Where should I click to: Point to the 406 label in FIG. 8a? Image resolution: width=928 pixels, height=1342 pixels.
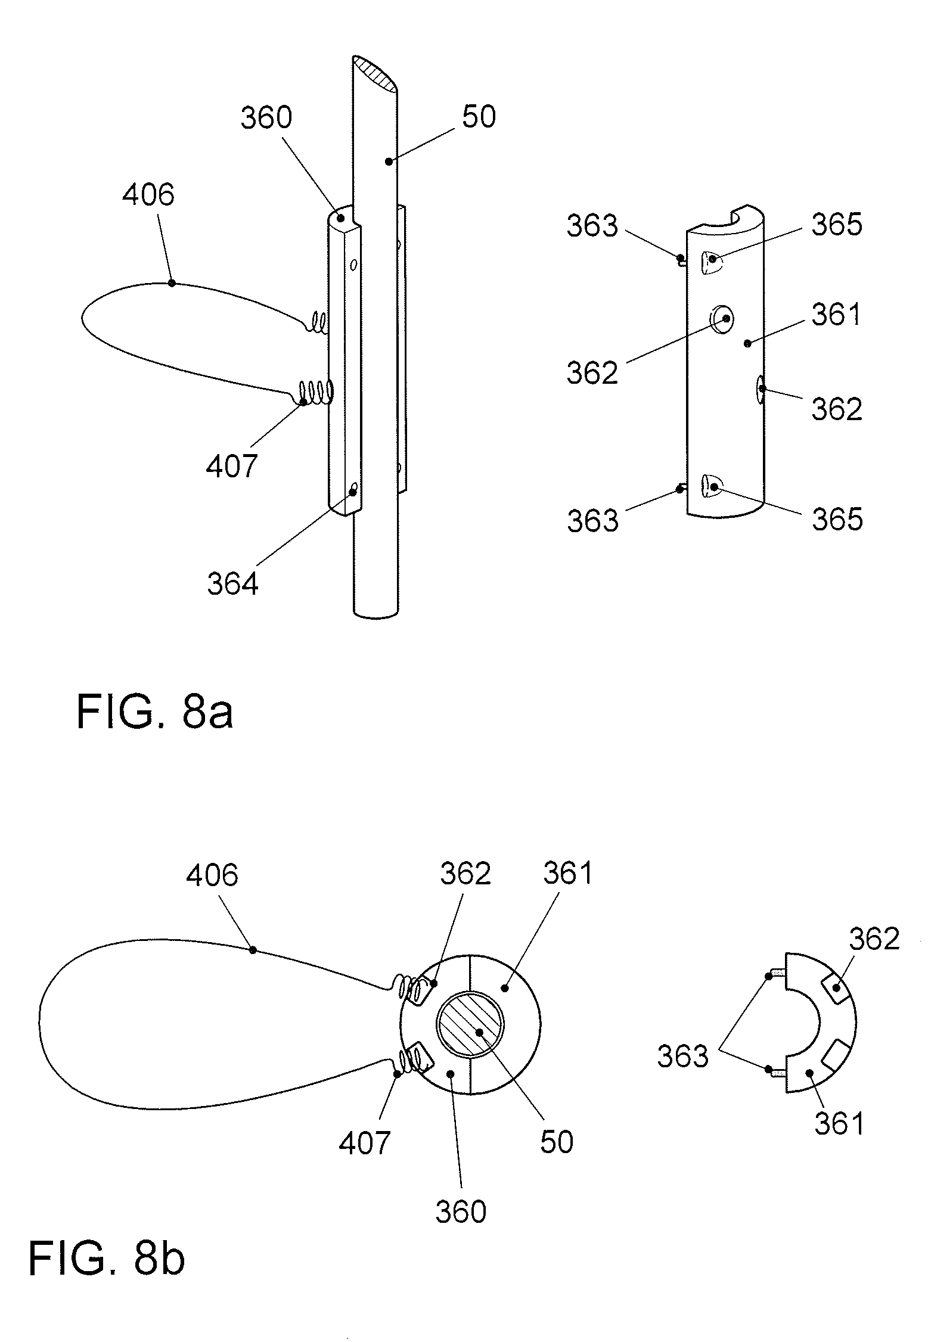pos(148,195)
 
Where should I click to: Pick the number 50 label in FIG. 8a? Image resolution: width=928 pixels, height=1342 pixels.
pos(479,117)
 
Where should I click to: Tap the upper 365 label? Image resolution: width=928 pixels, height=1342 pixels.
pos(837,225)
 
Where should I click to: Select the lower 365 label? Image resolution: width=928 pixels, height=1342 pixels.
pos(837,519)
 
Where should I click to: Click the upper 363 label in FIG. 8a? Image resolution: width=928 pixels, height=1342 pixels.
pos(592,226)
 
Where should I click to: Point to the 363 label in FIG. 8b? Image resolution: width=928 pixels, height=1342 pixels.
pos(682,1057)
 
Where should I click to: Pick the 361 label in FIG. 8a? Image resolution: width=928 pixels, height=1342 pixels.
pos(837,314)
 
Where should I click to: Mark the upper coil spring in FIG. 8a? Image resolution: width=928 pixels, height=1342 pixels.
pos(317,324)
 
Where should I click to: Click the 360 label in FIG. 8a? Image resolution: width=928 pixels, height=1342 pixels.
pos(266,118)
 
